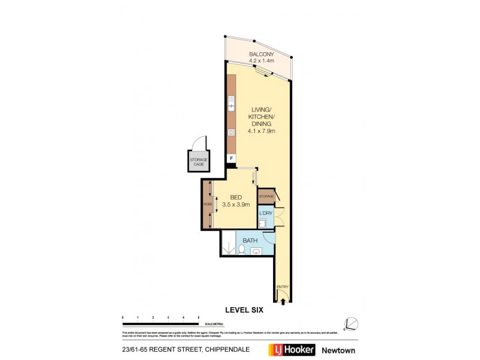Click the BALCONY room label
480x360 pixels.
click(x=261, y=54)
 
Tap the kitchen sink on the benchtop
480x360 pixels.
click(x=231, y=106)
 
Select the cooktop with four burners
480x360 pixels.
click(x=231, y=132)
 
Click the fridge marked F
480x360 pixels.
click(x=231, y=159)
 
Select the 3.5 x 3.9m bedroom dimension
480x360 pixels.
click(x=236, y=205)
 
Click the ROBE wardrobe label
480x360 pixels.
click(x=207, y=204)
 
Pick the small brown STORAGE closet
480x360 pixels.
click(x=266, y=196)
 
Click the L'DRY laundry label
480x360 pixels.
click(x=266, y=213)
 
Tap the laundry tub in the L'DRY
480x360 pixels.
click(x=263, y=224)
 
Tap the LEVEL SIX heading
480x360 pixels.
click(x=244, y=310)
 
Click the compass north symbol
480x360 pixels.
click(x=351, y=324)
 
